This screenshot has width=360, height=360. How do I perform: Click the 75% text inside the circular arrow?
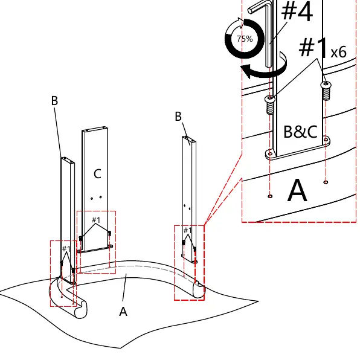(x=245, y=39)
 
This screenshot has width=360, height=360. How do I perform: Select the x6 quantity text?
(x=338, y=52)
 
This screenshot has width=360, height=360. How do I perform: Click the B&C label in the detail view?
(x=301, y=132)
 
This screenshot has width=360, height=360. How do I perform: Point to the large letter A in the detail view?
(x=297, y=190)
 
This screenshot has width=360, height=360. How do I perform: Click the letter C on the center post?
(x=98, y=174)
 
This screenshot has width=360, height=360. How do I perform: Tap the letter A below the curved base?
(x=123, y=312)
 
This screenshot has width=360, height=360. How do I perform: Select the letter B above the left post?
(x=54, y=100)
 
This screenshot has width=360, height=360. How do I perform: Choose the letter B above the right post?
(x=178, y=116)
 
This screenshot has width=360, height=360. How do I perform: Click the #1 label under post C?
(x=96, y=220)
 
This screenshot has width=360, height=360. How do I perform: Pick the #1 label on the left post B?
(x=66, y=249)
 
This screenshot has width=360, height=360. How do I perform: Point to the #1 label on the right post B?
(x=188, y=230)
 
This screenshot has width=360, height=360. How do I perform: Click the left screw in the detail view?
(x=270, y=104)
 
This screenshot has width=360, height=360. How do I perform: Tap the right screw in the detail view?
(x=326, y=91)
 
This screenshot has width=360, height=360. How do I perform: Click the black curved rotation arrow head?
(x=246, y=71)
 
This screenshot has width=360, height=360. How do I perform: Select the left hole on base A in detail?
(x=270, y=196)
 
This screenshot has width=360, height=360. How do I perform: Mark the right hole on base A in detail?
(x=326, y=182)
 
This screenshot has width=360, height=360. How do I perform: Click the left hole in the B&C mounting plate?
(x=270, y=153)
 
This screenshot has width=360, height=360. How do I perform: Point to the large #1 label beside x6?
(x=314, y=48)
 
